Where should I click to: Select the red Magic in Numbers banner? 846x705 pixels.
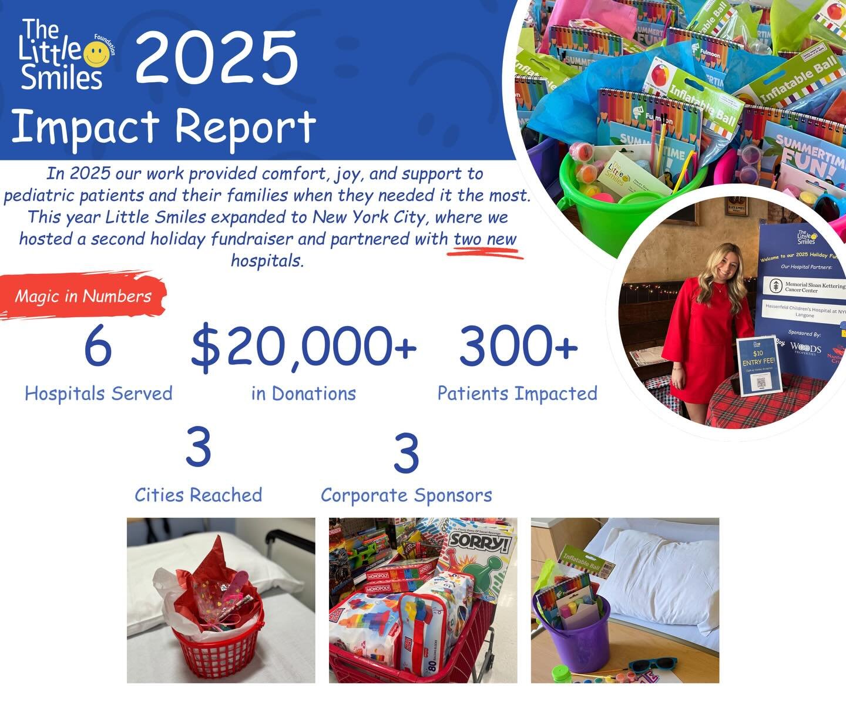pyautogui.click(x=83, y=296)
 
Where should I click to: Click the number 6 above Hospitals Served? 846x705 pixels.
pyautogui.click(x=98, y=347)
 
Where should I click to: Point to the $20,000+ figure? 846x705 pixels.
pyautogui.click(x=303, y=348)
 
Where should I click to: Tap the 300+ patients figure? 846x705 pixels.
pyautogui.click(x=518, y=347)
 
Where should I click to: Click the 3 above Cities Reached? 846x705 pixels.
pyautogui.click(x=198, y=448)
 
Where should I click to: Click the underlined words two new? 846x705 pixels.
pyautogui.click(x=485, y=240)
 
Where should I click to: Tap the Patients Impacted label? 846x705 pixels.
pyautogui.click(x=517, y=393)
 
